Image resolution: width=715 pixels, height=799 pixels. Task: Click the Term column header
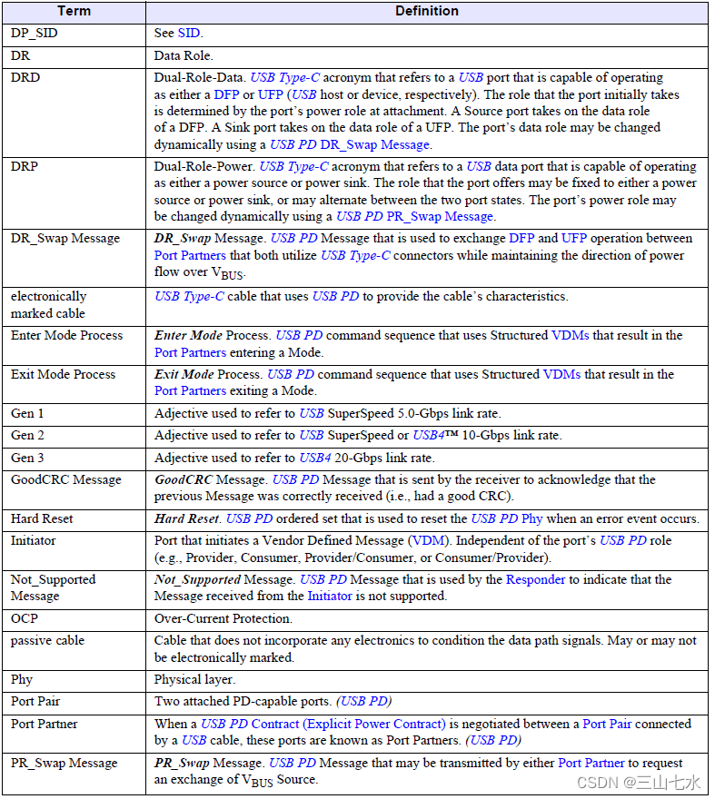[x=74, y=12]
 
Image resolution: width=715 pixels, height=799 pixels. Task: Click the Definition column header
[x=427, y=12]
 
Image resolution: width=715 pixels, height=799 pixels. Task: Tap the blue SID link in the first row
[x=189, y=34]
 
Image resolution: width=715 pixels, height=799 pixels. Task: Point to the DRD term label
[x=25, y=78]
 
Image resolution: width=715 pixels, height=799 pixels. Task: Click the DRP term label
[x=25, y=167]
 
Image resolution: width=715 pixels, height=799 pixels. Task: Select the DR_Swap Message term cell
[x=65, y=239]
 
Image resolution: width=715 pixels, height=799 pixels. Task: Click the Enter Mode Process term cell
[x=67, y=336]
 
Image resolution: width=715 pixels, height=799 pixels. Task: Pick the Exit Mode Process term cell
[x=64, y=375]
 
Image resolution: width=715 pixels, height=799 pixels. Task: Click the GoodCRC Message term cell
[x=65, y=480]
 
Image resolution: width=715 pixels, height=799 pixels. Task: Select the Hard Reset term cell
[x=42, y=519]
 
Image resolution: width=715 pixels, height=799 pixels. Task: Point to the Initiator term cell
[x=34, y=541]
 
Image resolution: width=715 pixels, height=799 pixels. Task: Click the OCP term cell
[x=25, y=619]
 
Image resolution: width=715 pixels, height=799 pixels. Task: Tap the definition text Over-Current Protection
[x=223, y=619]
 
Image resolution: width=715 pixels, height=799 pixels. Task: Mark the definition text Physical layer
[x=195, y=680]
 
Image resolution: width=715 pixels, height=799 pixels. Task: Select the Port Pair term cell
[x=35, y=702]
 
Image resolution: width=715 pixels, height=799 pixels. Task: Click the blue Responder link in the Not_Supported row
[x=535, y=580]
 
